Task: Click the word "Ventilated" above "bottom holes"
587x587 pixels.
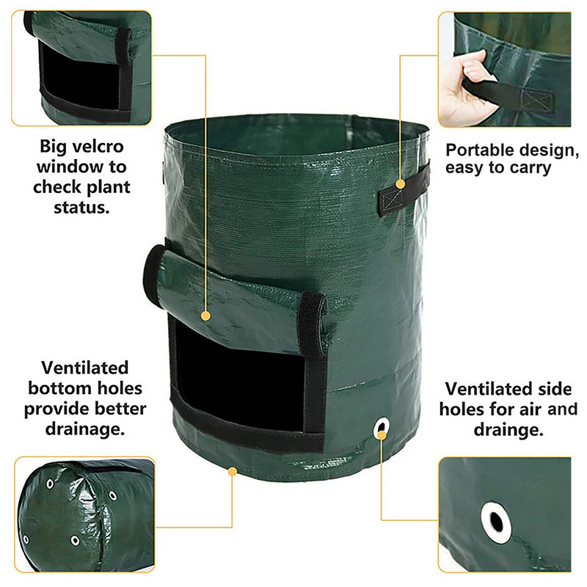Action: (x=85, y=368)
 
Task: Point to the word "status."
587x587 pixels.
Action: (x=81, y=208)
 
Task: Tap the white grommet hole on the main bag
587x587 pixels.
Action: (x=382, y=427)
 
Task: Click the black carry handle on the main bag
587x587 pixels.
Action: (x=404, y=191)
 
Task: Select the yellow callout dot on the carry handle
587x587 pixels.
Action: (x=400, y=184)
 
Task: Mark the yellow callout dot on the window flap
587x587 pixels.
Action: (x=205, y=316)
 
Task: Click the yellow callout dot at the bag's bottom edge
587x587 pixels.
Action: (x=232, y=472)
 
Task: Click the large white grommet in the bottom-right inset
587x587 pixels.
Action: (x=496, y=522)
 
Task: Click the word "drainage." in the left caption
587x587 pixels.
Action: (x=85, y=429)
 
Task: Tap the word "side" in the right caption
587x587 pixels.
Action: (x=555, y=390)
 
